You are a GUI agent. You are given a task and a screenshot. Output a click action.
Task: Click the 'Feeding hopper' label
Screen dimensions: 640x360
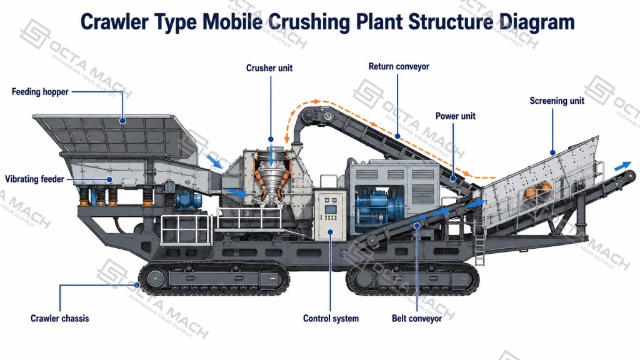click(x=40, y=92)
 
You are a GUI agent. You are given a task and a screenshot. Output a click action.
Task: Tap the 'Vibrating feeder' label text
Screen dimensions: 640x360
click(x=35, y=179)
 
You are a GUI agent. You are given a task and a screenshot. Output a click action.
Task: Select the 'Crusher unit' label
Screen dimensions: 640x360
click(x=269, y=68)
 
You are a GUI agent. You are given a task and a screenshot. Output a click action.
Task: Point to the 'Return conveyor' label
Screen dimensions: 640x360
click(x=399, y=66)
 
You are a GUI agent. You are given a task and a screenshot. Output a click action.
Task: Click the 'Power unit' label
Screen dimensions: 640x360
click(x=456, y=116)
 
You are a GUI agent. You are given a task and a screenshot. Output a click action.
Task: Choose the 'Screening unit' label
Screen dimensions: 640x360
click(x=557, y=101)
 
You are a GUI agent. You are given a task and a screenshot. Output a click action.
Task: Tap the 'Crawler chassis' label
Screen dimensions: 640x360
click(x=59, y=318)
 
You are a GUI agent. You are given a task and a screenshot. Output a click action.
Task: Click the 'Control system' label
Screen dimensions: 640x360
click(x=331, y=318)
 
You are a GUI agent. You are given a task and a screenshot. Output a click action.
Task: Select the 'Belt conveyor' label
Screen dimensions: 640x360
click(x=417, y=318)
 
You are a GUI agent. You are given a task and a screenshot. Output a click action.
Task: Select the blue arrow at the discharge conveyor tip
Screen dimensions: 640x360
click(x=623, y=166)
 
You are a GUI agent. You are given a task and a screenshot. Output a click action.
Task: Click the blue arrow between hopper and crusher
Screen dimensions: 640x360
click(x=214, y=161)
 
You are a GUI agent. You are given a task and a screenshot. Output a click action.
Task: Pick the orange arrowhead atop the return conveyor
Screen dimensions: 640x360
click(x=316, y=101)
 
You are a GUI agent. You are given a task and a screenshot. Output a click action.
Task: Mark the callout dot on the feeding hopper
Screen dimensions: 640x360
click(x=122, y=121)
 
